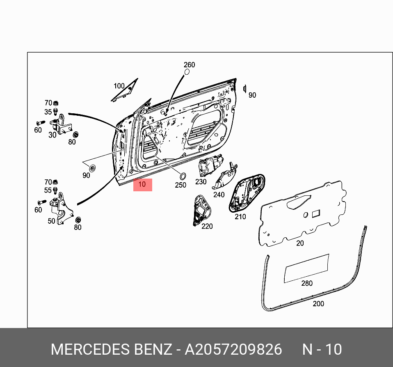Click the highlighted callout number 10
(142, 185)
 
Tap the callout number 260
(189, 64)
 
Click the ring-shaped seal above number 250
(183, 176)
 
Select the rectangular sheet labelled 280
(307, 268)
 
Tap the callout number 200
(318, 304)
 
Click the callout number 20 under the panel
(300, 243)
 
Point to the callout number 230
(201, 182)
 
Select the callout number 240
(219, 195)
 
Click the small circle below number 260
(187, 72)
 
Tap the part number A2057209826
(233, 349)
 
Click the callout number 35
(48, 112)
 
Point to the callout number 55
(48, 190)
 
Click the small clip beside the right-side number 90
(244, 89)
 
